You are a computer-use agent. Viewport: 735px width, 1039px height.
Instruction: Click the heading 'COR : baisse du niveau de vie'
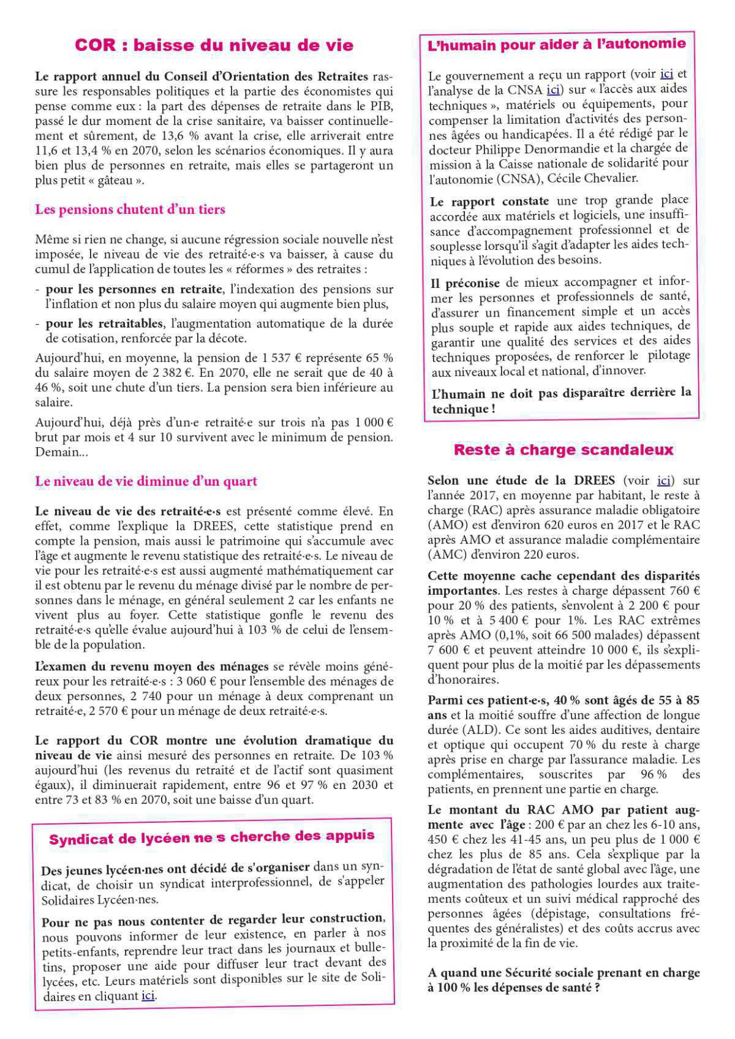tap(214, 45)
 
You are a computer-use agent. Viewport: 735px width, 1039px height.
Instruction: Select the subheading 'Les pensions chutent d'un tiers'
tap(130, 210)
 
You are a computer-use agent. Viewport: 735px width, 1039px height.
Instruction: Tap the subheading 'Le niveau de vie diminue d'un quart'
tap(146, 481)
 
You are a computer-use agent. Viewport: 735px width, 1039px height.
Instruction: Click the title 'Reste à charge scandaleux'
tap(563, 450)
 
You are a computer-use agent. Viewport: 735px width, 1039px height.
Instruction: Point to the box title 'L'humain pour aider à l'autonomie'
tap(556, 44)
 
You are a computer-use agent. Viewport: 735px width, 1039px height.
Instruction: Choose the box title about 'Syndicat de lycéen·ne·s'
tap(211, 837)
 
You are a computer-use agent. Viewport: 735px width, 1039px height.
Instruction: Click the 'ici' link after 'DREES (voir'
tap(663, 480)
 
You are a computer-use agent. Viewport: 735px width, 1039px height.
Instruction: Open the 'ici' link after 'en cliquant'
tap(148, 996)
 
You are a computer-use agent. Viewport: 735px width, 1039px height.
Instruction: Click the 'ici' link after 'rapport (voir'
tap(667, 75)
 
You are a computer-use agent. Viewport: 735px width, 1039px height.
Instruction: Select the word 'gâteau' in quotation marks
tap(119, 181)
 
